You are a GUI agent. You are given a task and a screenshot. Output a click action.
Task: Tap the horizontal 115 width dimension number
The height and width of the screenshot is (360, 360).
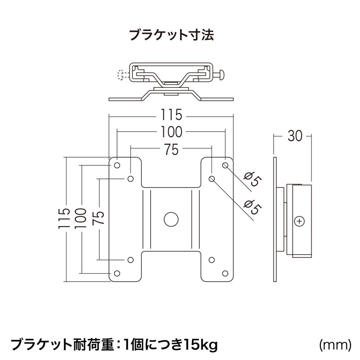(x=171, y=116)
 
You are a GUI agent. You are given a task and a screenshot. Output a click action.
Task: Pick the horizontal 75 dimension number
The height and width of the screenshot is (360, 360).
(x=171, y=149)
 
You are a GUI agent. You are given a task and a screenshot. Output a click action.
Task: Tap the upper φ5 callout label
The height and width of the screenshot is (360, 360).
(x=252, y=180)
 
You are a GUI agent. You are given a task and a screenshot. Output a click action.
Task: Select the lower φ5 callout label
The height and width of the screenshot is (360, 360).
(x=252, y=207)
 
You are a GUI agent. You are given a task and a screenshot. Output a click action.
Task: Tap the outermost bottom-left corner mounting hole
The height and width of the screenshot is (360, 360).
(x=117, y=273)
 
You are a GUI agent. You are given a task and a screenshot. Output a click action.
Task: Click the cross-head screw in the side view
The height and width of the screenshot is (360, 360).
(x=300, y=221)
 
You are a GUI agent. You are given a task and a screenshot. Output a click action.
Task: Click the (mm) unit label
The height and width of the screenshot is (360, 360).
(x=334, y=345)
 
